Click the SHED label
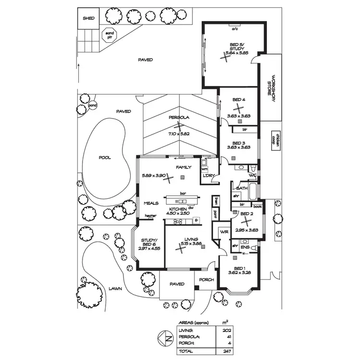tap(88, 18)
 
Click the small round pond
tap(93, 105)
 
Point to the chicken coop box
tap(276, 140)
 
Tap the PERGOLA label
tap(178, 118)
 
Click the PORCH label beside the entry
tap(206, 280)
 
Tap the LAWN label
tap(115, 289)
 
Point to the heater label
tap(151, 216)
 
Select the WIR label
tap(223, 232)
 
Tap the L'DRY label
tap(208, 176)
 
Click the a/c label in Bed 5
tap(235, 29)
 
